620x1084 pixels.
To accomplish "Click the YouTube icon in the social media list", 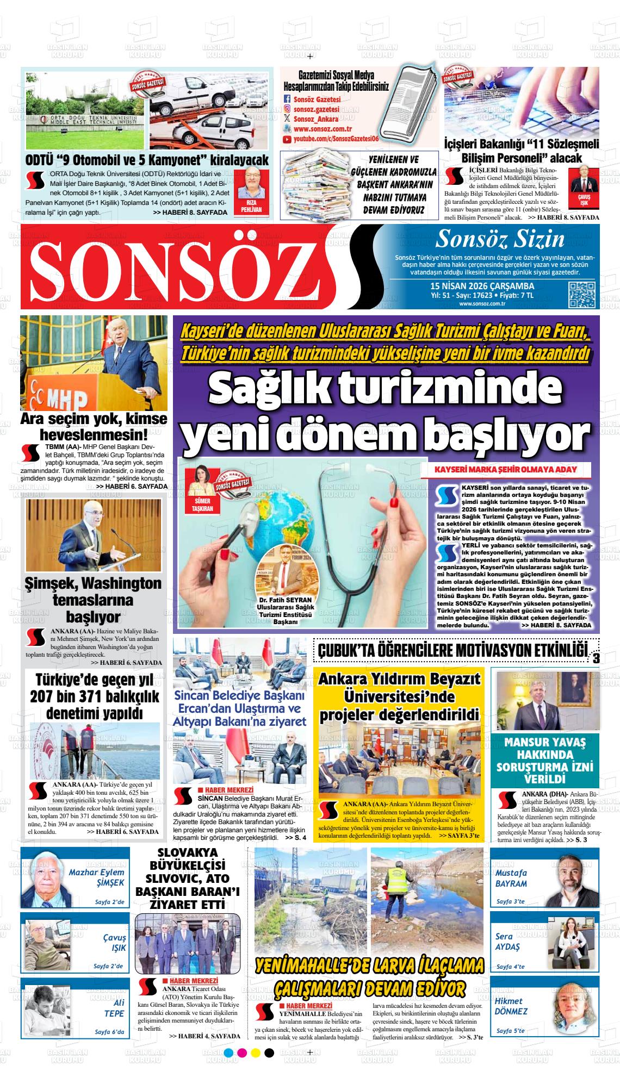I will (287, 140).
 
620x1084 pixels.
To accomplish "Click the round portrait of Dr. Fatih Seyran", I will (288, 573).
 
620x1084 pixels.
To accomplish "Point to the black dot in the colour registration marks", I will (269, 1068).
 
